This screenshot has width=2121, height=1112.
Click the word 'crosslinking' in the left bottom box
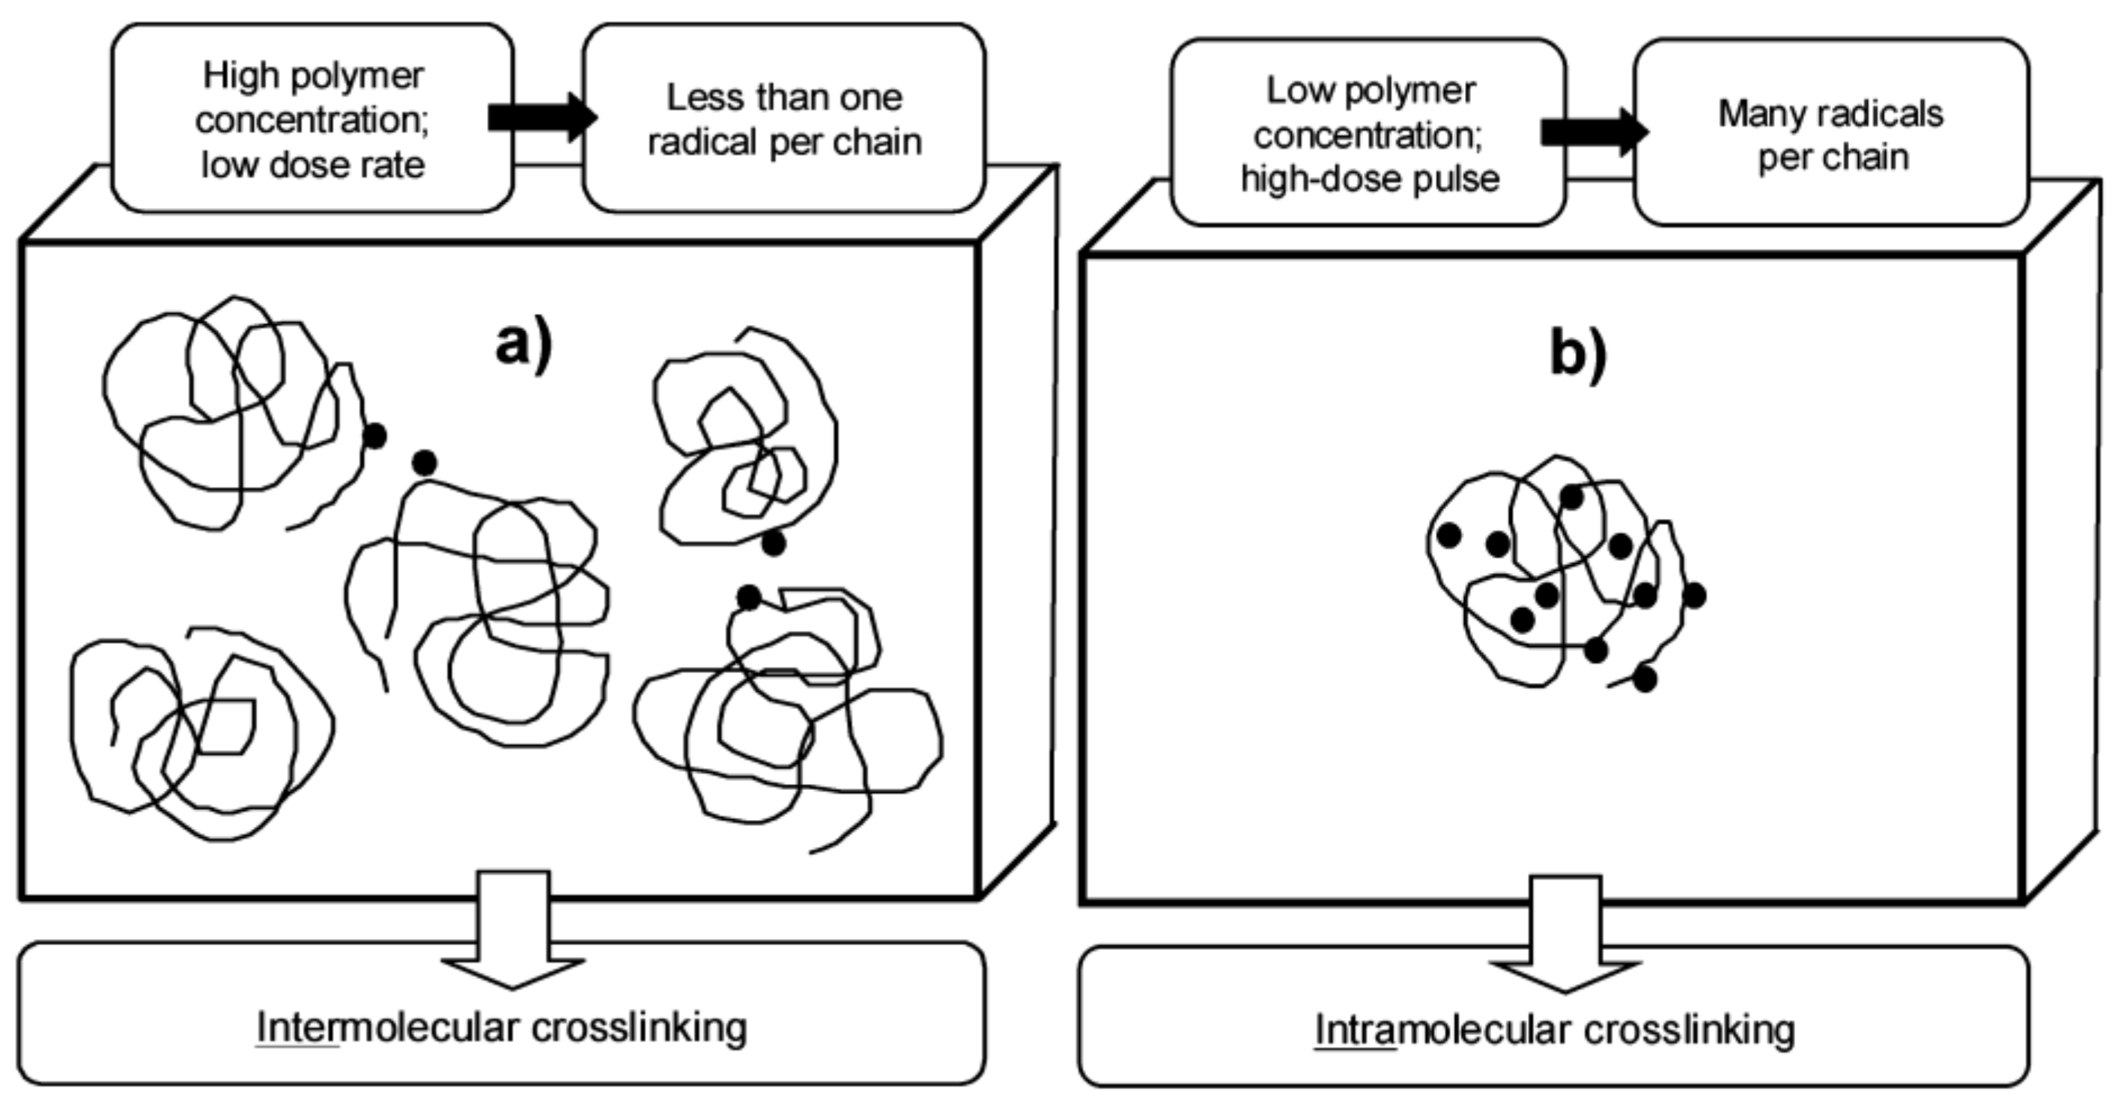coord(639,1027)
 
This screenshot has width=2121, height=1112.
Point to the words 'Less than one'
coord(784,98)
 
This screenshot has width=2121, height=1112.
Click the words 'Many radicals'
coord(1830,114)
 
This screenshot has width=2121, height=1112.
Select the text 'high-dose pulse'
coord(1370,180)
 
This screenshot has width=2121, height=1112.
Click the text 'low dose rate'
coord(313,165)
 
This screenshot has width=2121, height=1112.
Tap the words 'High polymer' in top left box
coord(313,76)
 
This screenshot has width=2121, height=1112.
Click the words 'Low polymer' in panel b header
coord(1370,91)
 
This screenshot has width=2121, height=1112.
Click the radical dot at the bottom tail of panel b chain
coord(1644,679)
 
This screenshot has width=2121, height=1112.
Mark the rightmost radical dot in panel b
coord(1693,595)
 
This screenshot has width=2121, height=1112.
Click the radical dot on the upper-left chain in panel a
coord(374,437)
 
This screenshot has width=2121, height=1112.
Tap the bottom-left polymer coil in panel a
coord(198,732)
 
